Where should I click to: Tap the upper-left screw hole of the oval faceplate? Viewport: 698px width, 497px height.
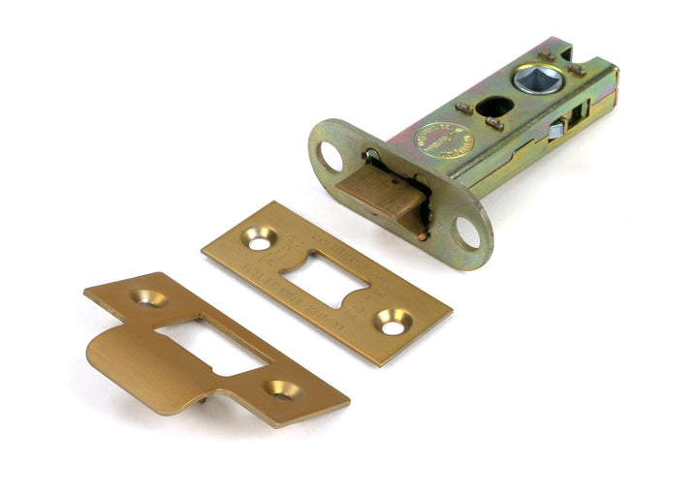[x=329, y=155]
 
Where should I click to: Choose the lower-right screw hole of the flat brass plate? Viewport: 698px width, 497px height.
[x=393, y=325]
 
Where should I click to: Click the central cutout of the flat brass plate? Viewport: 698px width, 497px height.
[x=327, y=279]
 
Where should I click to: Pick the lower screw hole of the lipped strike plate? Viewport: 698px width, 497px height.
[x=283, y=389]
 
